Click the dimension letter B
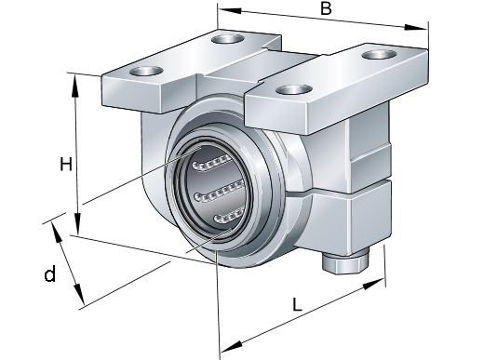pyautogui.click(x=326, y=8)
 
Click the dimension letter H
pyautogui.click(x=66, y=165)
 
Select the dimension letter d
pyautogui.click(x=50, y=273)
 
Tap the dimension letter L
pyautogui.click(x=297, y=304)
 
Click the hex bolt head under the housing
pyautogui.click(x=345, y=262)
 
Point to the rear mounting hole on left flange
pyautogui.click(x=227, y=39)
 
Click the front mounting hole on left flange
pyautogui.click(x=146, y=71)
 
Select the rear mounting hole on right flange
pyautogui.click(x=380, y=54)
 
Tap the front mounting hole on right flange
pyautogui.click(x=294, y=89)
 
